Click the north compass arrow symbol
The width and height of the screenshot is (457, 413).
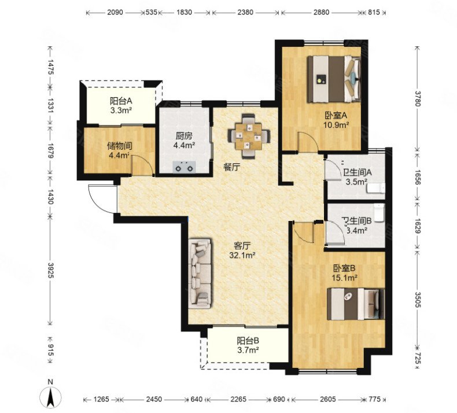pyautogui.click(x=51, y=396)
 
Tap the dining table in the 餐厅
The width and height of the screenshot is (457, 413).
pyautogui.click(x=249, y=136)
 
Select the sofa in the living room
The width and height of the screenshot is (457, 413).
pyautogui.click(x=200, y=274)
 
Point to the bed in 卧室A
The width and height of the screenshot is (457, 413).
pyautogui.click(x=334, y=79)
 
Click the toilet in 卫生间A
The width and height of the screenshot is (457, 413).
pyautogui.click(x=376, y=188)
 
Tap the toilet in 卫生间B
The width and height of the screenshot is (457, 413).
pyautogui.click(x=379, y=212)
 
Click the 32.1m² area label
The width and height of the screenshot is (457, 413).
pyautogui.click(x=242, y=256)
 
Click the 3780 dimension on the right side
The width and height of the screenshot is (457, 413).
pyautogui.click(x=418, y=98)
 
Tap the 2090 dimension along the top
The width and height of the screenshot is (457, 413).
pyautogui.click(x=115, y=12)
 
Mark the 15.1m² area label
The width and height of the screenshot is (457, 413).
pyautogui.click(x=345, y=278)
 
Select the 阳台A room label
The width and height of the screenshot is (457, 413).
pyautogui.click(x=121, y=101)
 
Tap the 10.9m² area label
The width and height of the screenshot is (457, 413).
pyautogui.click(x=336, y=125)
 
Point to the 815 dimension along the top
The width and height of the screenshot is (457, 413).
pyautogui.click(x=374, y=12)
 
